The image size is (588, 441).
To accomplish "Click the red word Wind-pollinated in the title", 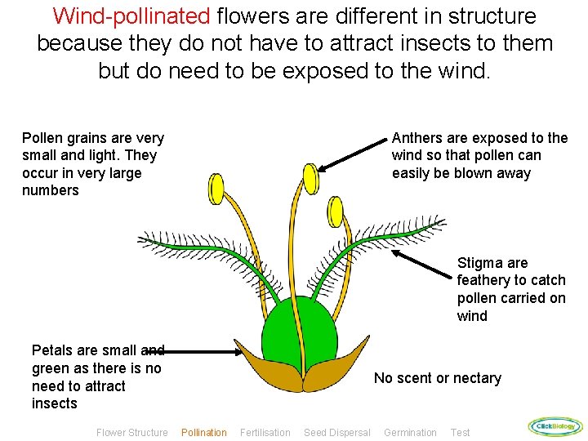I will [131, 16].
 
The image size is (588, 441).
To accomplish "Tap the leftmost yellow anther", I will [216, 189].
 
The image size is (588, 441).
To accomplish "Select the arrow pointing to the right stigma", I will [424, 266].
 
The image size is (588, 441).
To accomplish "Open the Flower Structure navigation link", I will [132, 432].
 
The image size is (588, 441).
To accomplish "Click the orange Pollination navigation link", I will [204, 432].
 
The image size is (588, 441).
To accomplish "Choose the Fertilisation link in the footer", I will [265, 432].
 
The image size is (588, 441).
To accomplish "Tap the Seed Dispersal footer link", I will [336, 432].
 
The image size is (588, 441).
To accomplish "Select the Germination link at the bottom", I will [410, 432].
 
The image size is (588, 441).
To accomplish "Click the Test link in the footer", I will [460, 432].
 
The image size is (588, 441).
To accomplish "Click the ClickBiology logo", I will [555, 425].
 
